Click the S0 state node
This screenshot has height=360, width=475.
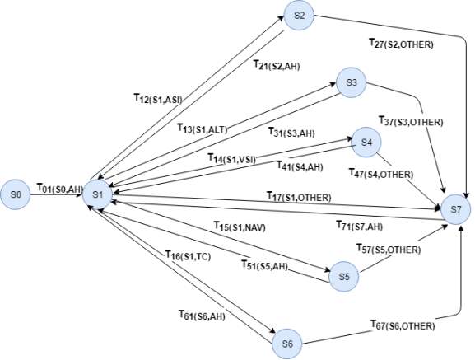pyautogui.click(x=16, y=194)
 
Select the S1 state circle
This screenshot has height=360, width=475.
pyautogui.click(x=97, y=194)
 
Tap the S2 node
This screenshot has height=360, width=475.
pyautogui.click(x=299, y=16)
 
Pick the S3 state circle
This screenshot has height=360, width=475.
pyautogui.click(x=351, y=82)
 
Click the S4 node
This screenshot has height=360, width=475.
pyautogui.click(x=366, y=143)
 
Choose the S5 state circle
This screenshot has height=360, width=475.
pyautogui.click(x=344, y=276)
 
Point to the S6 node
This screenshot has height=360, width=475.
pyautogui.click(x=287, y=344)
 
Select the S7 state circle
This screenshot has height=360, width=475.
pyautogui.click(x=455, y=209)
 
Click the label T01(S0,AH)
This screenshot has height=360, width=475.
pyautogui.click(x=59, y=188)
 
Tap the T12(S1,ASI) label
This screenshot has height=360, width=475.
pyautogui.click(x=158, y=99)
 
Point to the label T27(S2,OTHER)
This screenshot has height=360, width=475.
pyautogui.click(x=401, y=44)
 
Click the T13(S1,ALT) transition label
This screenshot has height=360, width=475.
pyautogui.click(x=203, y=129)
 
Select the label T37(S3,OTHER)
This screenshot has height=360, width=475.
pyautogui.click(x=411, y=121)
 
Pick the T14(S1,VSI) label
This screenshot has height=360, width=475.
pyautogui.click(x=232, y=158)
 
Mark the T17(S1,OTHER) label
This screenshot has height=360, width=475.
pyautogui.click(x=299, y=197)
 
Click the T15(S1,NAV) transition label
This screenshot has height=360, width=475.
pyautogui.click(x=240, y=227)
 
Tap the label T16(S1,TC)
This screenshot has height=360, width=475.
pyautogui.click(x=188, y=255)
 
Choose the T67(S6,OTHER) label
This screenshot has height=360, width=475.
pyautogui.click(x=403, y=325)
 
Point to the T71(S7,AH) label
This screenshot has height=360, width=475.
pyautogui.click(x=360, y=226)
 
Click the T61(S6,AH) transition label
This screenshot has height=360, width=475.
pyautogui.click(x=202, y=316)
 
